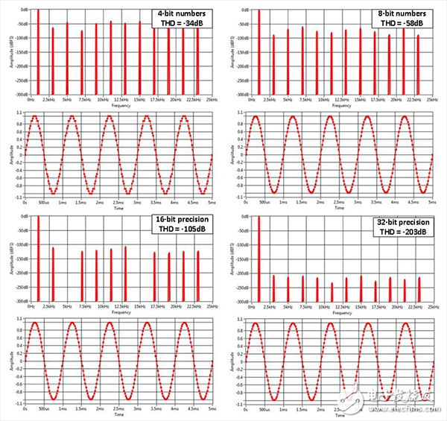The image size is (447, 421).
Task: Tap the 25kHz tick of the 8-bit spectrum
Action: [433, 99]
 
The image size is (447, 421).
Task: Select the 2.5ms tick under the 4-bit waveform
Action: [118, 201]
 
